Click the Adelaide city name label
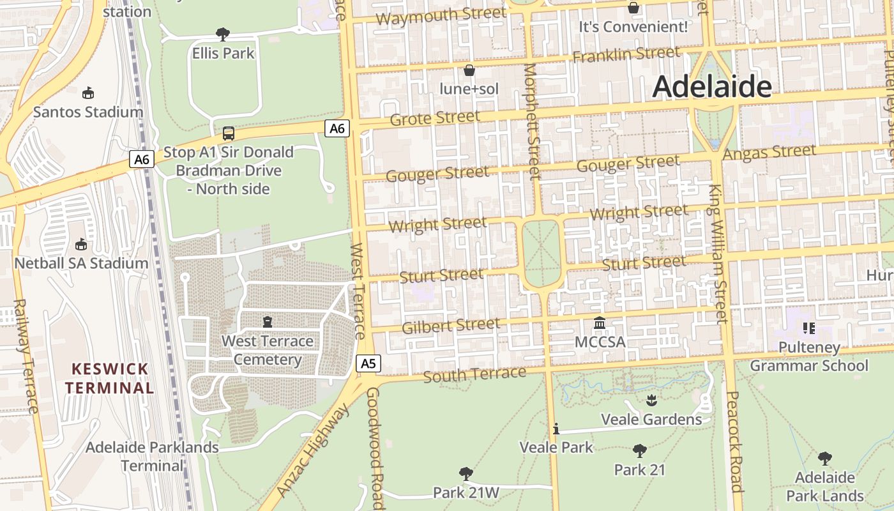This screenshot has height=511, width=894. click(712, 86)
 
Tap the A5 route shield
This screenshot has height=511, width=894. click(368, 363)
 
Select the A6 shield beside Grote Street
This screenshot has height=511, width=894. click(337, 128)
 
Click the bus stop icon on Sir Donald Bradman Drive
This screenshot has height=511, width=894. click(228, 133)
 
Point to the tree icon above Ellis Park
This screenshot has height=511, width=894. click(223, 34)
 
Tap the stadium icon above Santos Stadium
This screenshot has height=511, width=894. click(88, 93)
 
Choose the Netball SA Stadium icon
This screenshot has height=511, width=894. click(81, 244)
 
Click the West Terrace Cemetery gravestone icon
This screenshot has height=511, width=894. click(267, 322)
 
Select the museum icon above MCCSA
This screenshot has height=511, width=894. click(600, 323)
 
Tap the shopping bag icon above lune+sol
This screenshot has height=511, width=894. click(469, 70)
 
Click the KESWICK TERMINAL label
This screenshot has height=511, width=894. click(110, 378)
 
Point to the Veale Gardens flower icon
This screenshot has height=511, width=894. click(651, 400)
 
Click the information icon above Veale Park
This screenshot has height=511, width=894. click(556, 429)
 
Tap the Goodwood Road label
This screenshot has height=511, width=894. click(375, 447)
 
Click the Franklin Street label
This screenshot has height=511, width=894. click(626, 54)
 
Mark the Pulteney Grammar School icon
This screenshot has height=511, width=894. click(809, 328)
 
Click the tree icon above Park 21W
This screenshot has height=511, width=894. click(466, 474)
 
